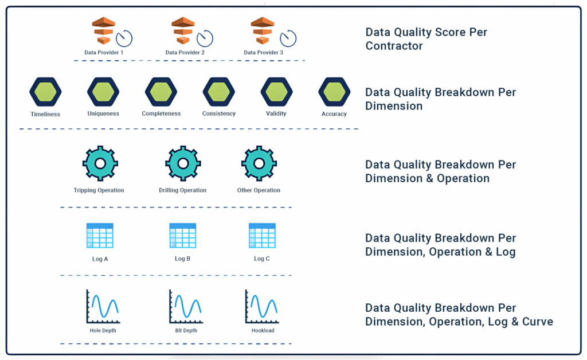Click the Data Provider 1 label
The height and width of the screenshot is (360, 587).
tap(104, 52)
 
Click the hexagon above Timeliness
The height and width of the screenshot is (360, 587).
tap(45, 92)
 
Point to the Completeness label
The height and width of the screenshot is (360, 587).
tap(161, 114)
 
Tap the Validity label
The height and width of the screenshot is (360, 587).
tap(276, 114)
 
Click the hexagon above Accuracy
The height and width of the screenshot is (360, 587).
tap(334, 92)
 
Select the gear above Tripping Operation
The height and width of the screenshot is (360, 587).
tap(100, 163)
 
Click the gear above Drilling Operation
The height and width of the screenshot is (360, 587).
tap(183, 163)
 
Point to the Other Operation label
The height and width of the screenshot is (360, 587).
tap(259, 190)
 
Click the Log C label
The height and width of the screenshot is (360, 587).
tap(261, 259)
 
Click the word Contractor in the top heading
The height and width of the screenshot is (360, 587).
tap(394, 45)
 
